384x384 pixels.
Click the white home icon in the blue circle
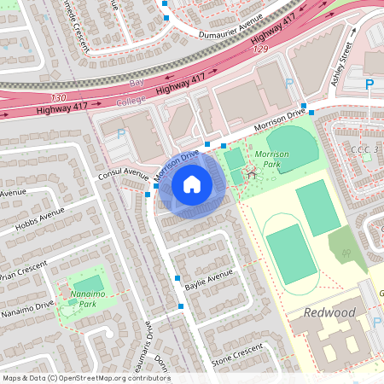(x=192, y=183)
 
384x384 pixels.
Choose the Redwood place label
(x=330, y=313)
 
